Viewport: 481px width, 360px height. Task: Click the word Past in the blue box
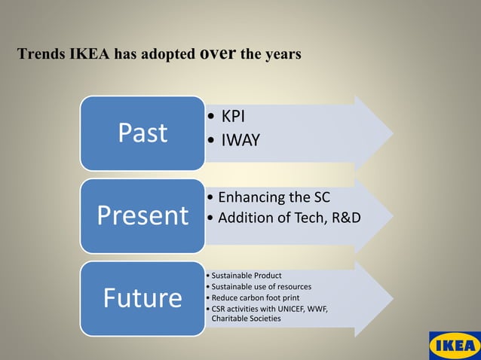tap(142, 133)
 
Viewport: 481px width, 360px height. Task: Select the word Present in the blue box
tap(142, 215)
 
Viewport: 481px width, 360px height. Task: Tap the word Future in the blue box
tap(142, 298)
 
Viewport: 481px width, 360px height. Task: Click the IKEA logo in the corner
tap(454, 346)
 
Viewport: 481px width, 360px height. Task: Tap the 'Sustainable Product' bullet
tap(247, 275)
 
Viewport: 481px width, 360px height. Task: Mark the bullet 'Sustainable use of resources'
tap(261, 286)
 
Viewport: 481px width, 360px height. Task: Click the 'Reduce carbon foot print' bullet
tap(255, 297)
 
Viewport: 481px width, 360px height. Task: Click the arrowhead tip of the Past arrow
tap(391, 134)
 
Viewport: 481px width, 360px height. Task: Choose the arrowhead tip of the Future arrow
tap(391, 298)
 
